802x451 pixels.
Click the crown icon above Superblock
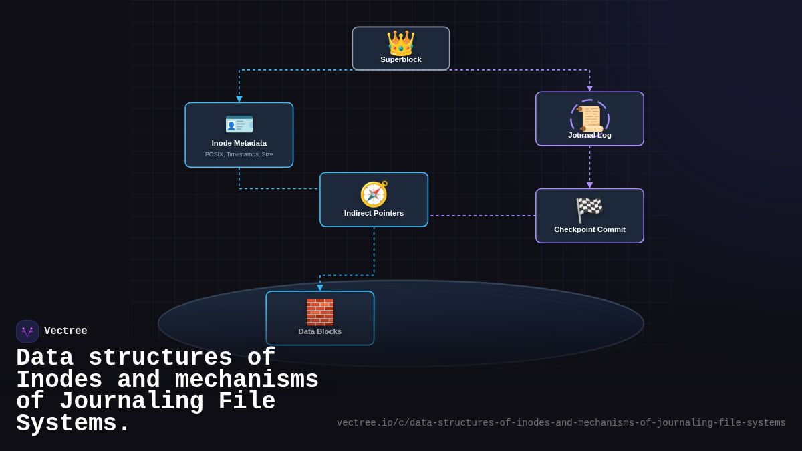tap(400, 42)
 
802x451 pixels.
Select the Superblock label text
tap(401, 59)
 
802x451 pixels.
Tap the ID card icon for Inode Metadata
tap(239, 124)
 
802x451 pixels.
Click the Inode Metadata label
tap(239, 143)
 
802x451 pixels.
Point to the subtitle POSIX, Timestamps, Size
tap(239, 154)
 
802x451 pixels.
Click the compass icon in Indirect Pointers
tap(374, 194)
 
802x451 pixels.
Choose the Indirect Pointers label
tap(374, 213)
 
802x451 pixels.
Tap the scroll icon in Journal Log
tap(590, 119)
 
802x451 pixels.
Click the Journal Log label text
tap(589, 135)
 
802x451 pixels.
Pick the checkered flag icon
tap(589, 210)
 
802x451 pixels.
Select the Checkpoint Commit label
tap(589, 229)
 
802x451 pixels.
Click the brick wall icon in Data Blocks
tap(320, 312)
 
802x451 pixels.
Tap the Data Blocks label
tap(320, 331)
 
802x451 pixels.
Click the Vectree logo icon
tap(27, 331)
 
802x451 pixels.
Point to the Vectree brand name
tap(65, 331)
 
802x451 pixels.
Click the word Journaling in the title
tap(131, 402)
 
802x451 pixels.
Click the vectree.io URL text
tap(561, 423)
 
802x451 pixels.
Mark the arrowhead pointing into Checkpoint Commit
tap(589, 185)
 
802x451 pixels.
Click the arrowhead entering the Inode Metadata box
tap(239, 99)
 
